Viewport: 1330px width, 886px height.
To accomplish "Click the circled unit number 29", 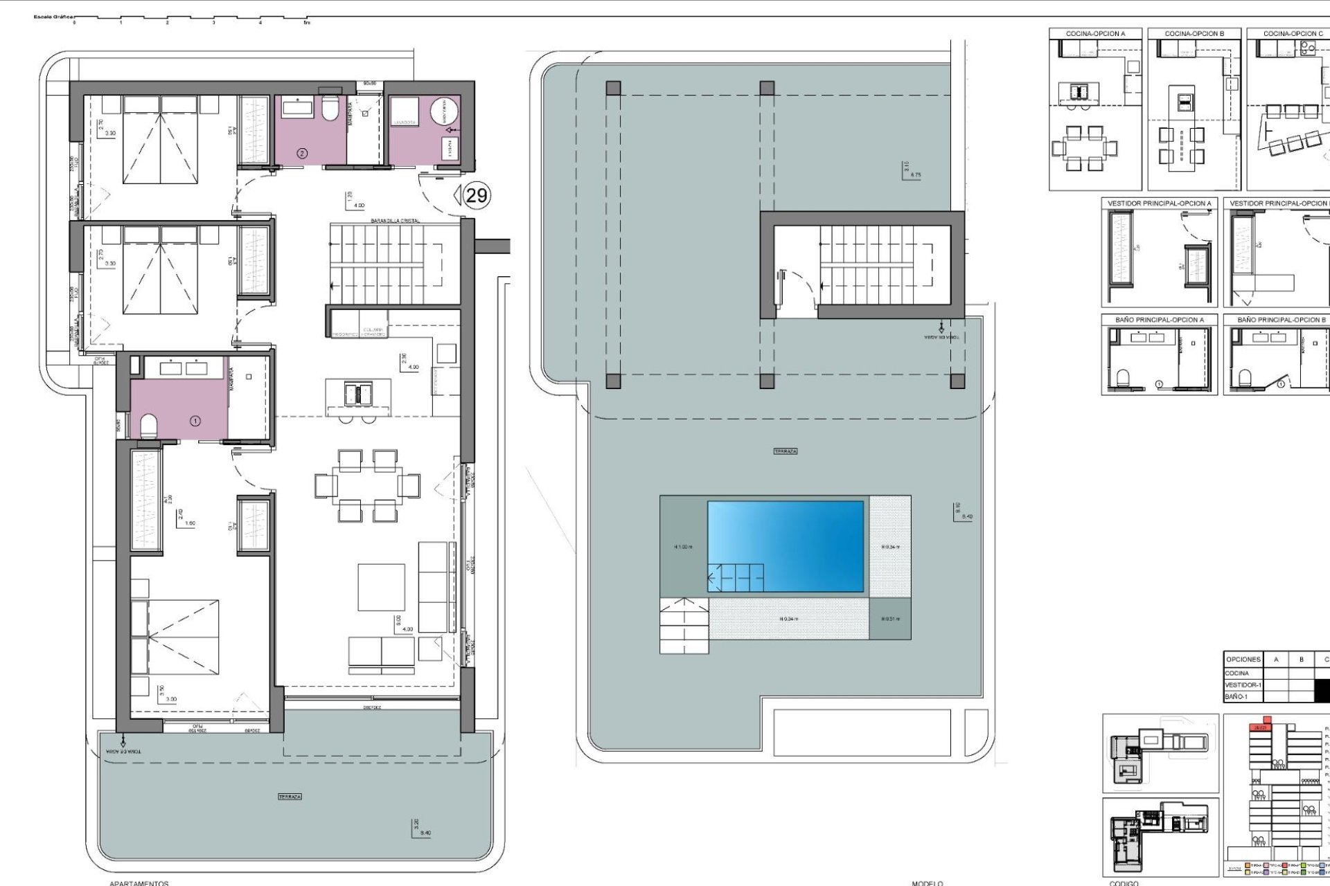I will point(477,195).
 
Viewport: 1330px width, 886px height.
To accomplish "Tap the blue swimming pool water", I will point(786,546).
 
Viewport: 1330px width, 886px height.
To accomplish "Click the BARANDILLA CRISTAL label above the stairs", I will point(395,220).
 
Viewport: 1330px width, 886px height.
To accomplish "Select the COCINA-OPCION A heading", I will point(1095,33).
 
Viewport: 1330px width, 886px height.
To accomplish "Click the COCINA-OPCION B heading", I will point(1194,33).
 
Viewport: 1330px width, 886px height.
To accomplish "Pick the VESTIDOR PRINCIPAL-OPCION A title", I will point(1159,204).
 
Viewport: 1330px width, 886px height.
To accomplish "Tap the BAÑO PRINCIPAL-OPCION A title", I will point(1159,320).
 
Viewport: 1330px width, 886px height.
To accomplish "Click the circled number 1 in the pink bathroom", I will point(195,421).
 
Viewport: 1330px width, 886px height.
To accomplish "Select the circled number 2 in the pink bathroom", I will point(302,153).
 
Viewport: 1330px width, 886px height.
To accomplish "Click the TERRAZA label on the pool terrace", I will point(786,451).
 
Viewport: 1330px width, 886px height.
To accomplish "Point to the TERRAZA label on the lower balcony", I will point(290,797).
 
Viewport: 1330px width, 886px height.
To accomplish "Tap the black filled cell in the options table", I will point(1322,690).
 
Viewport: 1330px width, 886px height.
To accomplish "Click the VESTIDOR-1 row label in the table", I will point(1243,685).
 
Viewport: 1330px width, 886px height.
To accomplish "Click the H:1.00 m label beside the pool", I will point(682,547).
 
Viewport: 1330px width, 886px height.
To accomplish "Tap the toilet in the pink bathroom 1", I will point(149,425).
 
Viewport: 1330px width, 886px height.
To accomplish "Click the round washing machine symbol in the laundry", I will point(444,111).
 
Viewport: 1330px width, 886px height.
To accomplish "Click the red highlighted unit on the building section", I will point(1258,727).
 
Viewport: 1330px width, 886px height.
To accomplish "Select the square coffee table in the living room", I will point(381,587).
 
